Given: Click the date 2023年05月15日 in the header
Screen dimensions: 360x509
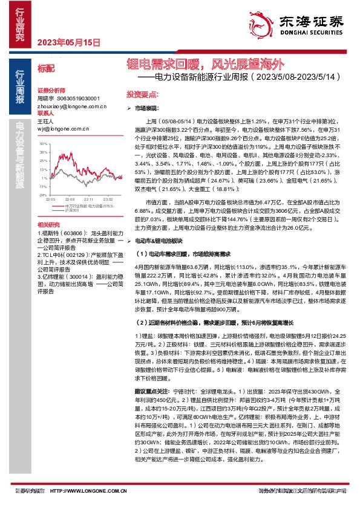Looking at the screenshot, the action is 68,42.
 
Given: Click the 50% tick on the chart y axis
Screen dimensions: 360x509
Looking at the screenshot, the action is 42,144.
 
